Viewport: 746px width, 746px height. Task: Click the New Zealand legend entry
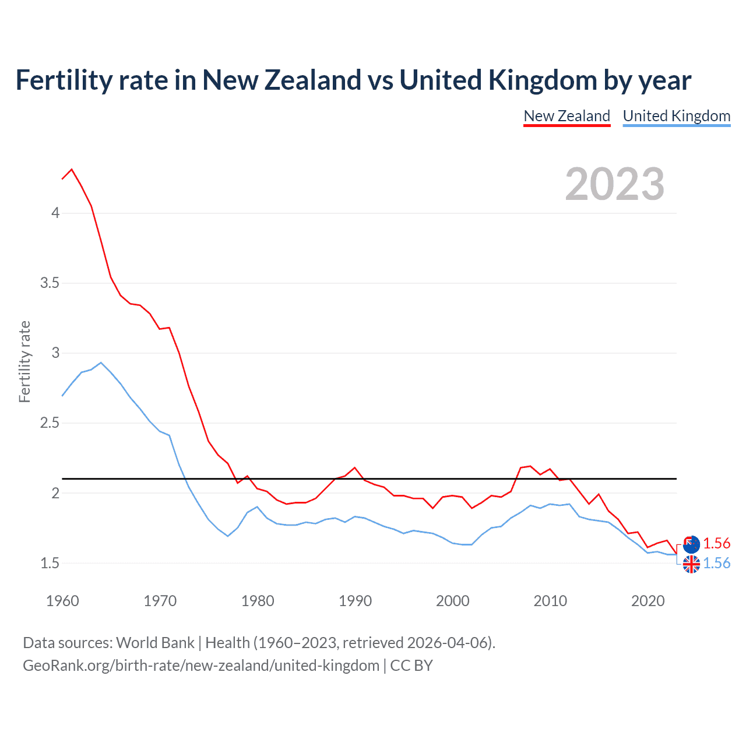coord(566,116)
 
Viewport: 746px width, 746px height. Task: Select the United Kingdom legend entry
coord(676,116)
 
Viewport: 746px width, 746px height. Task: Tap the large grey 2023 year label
coord(614,184)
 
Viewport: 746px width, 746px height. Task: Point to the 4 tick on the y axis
coord(55,213)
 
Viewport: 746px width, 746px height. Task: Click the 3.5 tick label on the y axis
coord(50,283)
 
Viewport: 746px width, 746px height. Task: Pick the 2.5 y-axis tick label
coord(50,423)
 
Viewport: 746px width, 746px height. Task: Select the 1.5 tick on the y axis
coord(50,563)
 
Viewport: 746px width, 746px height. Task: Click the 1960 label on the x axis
coord(62,601)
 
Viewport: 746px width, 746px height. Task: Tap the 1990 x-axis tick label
coord(355,601)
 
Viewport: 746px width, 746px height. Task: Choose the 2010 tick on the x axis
coord(550,601)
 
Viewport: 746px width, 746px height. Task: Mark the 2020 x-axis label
coord(648,601)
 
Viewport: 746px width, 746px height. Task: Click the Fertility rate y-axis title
coord(24,361)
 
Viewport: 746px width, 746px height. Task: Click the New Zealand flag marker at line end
coord(691,544)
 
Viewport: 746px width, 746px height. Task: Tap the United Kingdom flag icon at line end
coord(691,564)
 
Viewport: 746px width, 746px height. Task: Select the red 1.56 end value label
coord(716,543)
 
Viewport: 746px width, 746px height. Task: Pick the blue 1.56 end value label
coord(716,563)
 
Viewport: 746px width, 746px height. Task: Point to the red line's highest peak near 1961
coord(72,170)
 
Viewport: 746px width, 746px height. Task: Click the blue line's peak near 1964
coord(101,363)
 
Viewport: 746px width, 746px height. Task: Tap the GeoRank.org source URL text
coord(201,666)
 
